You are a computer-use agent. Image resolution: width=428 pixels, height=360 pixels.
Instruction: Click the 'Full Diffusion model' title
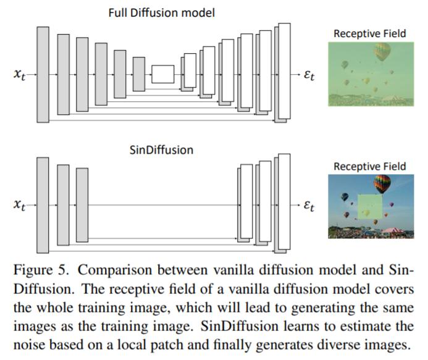(x=162, y=13)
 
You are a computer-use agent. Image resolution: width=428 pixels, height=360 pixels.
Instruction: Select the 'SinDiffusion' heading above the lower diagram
(x=161, y=150)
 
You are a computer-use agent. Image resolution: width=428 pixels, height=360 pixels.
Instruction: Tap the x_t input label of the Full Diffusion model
(x=19, y=74)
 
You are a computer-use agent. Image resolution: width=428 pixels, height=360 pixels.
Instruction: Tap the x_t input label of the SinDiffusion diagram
(x=19, y=205)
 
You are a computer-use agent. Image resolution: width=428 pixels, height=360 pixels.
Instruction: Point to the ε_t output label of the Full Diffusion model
(x=309, y=75)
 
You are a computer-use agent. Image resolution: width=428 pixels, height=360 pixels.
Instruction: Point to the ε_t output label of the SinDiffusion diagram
(x=309, y=205)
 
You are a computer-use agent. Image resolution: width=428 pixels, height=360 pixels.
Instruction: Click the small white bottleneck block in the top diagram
(x=163, y=74)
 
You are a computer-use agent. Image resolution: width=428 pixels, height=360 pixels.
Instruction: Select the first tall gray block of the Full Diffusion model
(x=43, y=75)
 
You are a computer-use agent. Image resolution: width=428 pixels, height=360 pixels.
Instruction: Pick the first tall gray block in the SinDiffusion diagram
(x=43, y=205)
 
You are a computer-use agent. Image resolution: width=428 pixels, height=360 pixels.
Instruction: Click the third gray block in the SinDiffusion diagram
(x=82, y=205)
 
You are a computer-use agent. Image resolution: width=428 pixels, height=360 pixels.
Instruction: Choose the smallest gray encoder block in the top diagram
(x=139, y=74)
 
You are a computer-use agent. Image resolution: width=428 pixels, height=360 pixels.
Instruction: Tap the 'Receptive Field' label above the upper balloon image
(x=370, y=33)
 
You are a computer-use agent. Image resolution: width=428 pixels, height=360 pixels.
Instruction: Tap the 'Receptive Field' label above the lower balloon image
(x=370, y=167)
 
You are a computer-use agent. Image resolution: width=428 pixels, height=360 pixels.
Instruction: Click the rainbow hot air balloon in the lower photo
(x=382, y=183)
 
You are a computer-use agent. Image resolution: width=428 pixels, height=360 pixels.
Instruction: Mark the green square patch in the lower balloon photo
(x=370, y=207)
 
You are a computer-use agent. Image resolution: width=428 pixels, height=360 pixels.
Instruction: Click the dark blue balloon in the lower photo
(x=345, y=196)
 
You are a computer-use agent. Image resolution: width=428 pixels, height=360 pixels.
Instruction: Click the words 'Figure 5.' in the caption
(x=41, y=270)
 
